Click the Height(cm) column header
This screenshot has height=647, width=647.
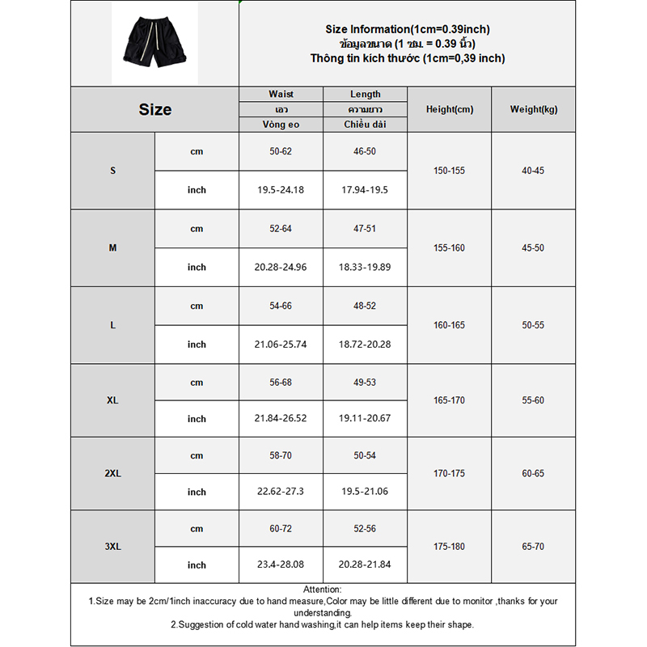tap(449, 109)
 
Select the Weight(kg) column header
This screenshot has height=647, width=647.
tap(533, 109)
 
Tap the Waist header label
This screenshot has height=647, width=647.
tap(281, 94)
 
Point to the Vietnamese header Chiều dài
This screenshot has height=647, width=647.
tap(365, 124)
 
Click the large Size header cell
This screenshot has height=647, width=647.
tap(154, 110)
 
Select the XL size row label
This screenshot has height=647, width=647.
tap(112, 400)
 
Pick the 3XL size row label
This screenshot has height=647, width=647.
tap(112, 547)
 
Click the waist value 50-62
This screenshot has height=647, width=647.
tap(281, 151)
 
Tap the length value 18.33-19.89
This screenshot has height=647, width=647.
tap(365, 267)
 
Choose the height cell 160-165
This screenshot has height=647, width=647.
tap(449, 325)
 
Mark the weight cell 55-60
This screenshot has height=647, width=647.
tap(533, 400)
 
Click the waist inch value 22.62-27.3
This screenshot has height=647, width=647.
tap(281, 492)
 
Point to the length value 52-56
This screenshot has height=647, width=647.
tap(365, 528)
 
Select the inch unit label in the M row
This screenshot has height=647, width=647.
tap(197, 267)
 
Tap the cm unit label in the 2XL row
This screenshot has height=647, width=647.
tap(197, 455)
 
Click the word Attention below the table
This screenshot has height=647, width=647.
tap(322, 590)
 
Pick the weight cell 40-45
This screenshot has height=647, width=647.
tap(533, 171)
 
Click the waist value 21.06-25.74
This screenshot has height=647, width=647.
tap(281, 345)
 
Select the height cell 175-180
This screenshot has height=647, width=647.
tap(449, 547)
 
